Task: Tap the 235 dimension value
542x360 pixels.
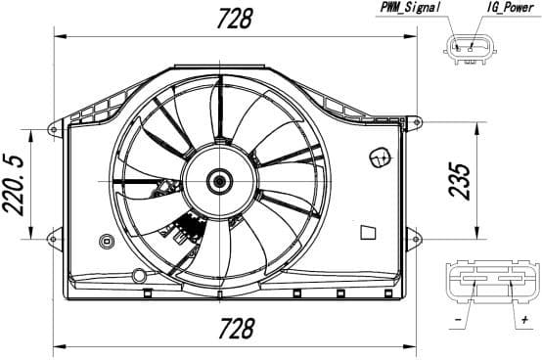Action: pos(462,180)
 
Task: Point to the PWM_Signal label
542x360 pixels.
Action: pos(410,8)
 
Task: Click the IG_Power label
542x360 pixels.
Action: pos(510,8)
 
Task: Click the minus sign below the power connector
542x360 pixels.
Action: pos(459,319)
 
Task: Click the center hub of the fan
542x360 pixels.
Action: pos(219,180)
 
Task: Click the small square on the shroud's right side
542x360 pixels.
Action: pos(368,231)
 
